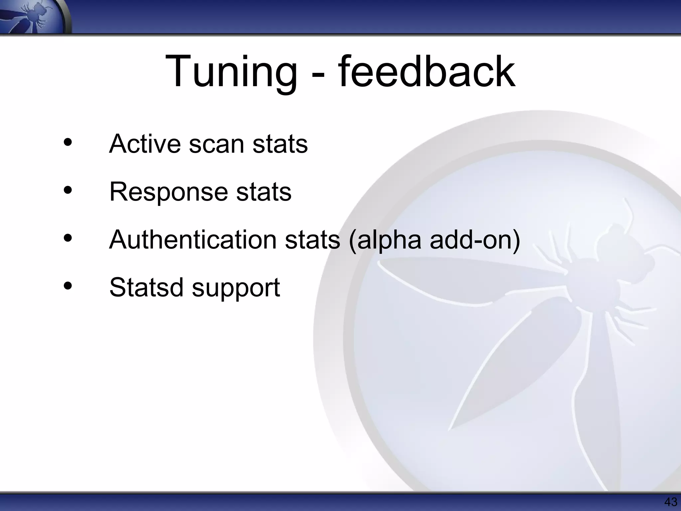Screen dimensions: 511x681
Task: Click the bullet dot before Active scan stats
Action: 68,143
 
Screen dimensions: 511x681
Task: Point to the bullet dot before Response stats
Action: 68,191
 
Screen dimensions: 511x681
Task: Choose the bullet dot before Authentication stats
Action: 68,239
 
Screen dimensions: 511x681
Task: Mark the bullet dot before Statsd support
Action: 68,286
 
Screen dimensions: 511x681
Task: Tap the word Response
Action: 168,193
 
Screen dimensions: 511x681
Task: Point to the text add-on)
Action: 475,240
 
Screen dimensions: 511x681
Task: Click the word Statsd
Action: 146,287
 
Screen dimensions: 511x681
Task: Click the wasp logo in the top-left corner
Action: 35,17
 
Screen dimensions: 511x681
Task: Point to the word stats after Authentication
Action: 313,240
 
